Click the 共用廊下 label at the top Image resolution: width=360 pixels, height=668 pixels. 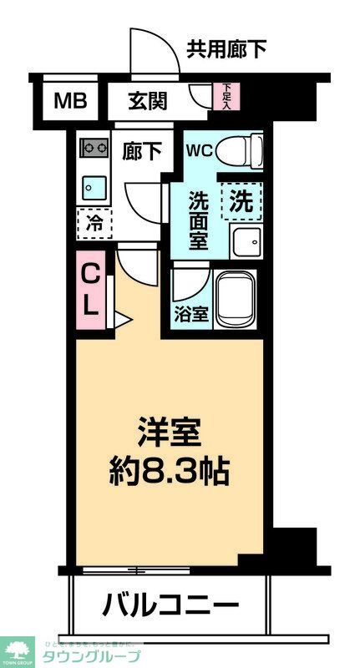click(227, 48)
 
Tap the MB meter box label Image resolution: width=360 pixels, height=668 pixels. click(69, 102)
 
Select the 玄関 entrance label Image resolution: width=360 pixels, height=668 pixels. click(147, 102)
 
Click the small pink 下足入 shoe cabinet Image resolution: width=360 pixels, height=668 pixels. click(228, 95)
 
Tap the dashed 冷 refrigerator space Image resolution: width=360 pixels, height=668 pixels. click(94, 223)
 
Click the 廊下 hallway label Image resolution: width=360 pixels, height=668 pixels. click(142, 151)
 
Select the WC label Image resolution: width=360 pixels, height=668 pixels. click(200, 151)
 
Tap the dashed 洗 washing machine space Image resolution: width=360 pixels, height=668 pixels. click(241, 201)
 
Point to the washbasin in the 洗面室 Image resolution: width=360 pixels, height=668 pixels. click(246, 241)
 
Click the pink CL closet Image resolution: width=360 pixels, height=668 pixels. click(91, 288)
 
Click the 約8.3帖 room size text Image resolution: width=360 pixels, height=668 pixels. click(169, 473)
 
